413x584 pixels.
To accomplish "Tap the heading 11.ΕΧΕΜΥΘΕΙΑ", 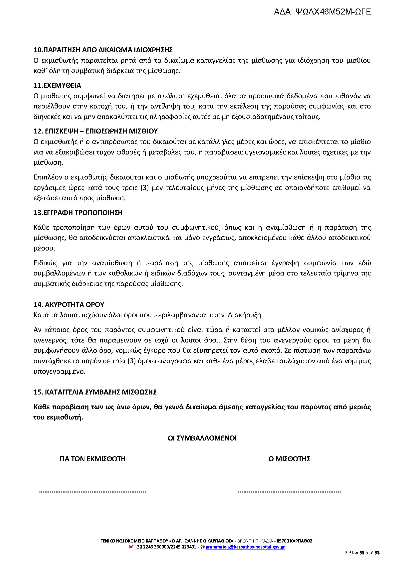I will pyautogui.click(x=57, y=85).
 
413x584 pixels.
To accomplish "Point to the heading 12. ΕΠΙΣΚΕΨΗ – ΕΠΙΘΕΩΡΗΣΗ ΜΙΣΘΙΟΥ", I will pyautogui.click(x=96, y=131).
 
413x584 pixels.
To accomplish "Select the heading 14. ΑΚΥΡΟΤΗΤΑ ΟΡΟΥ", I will pyautogui.click(x=69, y=304).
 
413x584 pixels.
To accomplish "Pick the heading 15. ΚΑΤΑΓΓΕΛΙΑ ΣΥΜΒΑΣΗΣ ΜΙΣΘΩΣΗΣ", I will pyautogui.click(x=95, y=392).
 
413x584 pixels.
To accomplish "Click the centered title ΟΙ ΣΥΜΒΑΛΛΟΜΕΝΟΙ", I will pyautogui.click(x=202, y=438).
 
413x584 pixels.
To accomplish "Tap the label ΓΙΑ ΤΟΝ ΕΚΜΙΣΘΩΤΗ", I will pyautogui.click(x=92, y=459).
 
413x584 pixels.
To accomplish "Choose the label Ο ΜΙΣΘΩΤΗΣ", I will pyautogui.click(x=289, y=459).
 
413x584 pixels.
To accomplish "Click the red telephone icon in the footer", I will pyautogui.click(x=131, y=547).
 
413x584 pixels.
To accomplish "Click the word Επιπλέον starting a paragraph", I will pyautogui.click(x=46, y=177).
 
